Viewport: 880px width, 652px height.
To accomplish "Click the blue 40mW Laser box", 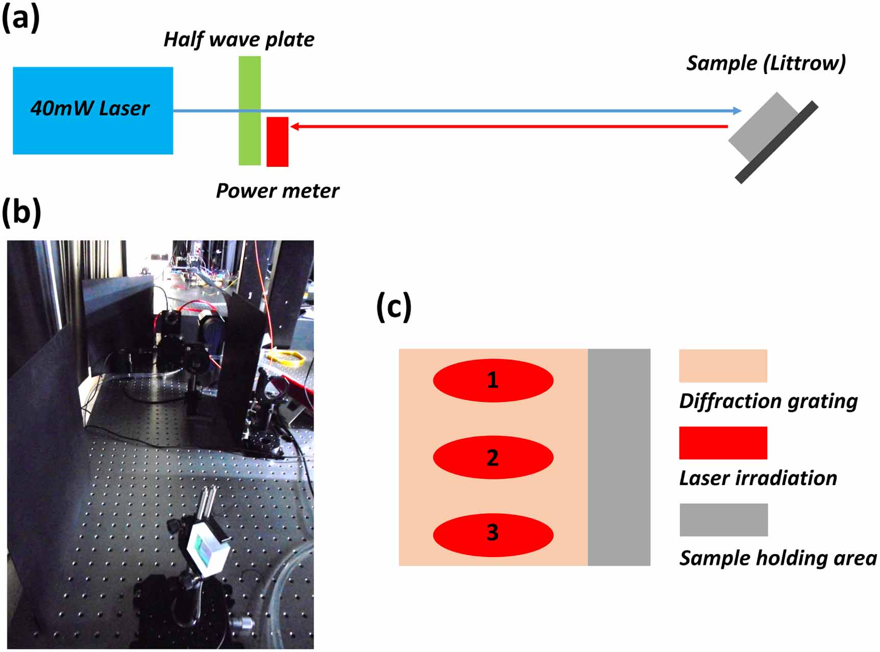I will pyautogui.click(x=93, y=110).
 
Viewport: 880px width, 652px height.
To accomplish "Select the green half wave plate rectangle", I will pyautogui.click(x=249, y=111).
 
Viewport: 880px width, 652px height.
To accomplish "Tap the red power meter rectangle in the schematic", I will pyautogui.click(x=278, y=142).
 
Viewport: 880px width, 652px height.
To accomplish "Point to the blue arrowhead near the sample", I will pyautogui.click(x=736, y=111).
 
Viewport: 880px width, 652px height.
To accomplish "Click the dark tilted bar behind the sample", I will pyautogui.click(x=776, y=142).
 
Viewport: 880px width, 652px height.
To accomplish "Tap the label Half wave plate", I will pyautogui.click(x=239, y=39).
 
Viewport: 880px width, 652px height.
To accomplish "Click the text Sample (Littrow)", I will pyautogui.click(x=765, y=63).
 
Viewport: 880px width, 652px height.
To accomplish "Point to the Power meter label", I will pyautogui.click(x=277, y=191).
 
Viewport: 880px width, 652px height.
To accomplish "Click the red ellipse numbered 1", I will pyautogui.click(x=493, y=381).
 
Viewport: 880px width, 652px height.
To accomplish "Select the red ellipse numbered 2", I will pyautogui.click(x=493, y=458).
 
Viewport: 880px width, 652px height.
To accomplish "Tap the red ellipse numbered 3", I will pyautogui.click(x=493, y=535).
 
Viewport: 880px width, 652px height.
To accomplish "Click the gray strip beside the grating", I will pyautogui.click(x=619, y=457).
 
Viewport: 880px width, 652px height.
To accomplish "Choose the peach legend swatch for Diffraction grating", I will pyautogui.click(x=723, y=366).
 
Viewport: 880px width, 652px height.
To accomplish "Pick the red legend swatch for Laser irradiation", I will pyautogui.click(x=723, y=443).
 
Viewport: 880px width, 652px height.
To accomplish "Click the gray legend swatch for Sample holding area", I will pyautogui.click(x=723, y=520).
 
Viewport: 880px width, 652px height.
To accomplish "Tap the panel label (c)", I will pyautogui.click(x=393, y=307).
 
